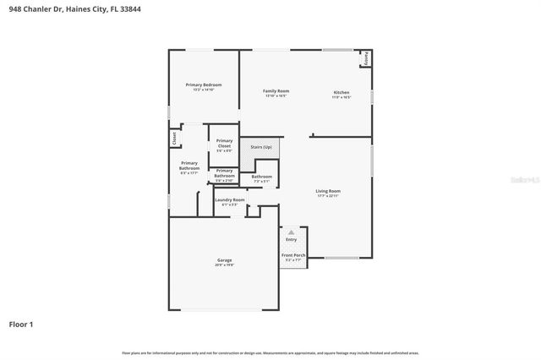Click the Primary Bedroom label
[204, 85]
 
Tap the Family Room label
[276, 90]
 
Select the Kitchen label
[341, 92]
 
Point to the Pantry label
[366, 58]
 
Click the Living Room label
[328, 191]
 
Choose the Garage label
[224, 260]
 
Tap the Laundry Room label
[230, 200]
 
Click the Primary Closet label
[224, 144]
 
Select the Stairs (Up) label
[261, 147]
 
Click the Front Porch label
[292, 255]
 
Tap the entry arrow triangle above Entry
[292, 231]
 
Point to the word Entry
[292, 239]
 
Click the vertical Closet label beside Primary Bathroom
[174, 138]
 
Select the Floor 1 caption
[22, 324]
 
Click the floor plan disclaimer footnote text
[270, 352]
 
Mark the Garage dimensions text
[224, 265]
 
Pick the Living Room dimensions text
[328, 196]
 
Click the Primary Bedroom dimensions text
[204, 90]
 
